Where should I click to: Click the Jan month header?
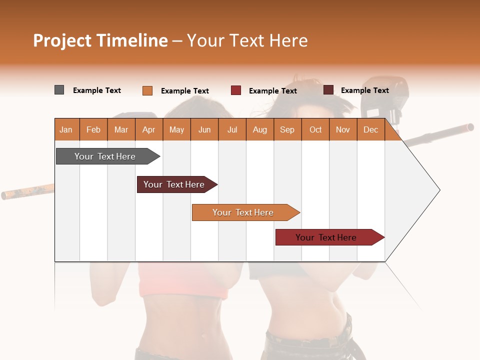point(66,130)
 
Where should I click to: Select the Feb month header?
point(93,130)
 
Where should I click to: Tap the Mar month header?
point(121,130)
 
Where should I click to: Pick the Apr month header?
point(148,130)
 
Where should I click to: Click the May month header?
point(176,130)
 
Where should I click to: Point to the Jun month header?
point(204,130)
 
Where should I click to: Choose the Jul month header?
point(232,130)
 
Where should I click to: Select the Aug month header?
point(259,130)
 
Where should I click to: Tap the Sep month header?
point(287,130)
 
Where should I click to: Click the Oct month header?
point(315,130)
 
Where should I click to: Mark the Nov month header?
point(343,130)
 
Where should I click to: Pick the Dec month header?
point(370,130)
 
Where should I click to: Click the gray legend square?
point(59,90)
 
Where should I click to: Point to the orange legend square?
point(147,90)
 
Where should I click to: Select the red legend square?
point(236,90)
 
